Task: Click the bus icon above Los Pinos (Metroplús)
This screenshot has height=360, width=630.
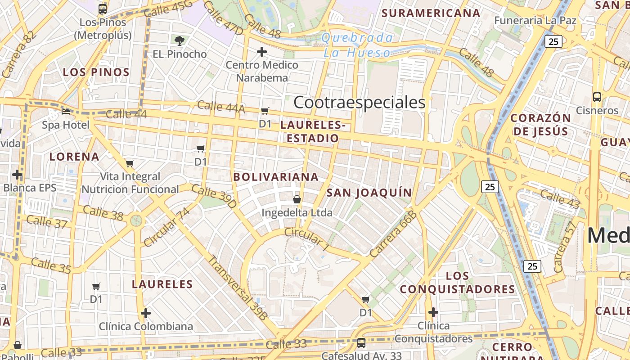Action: (x=103, y=9)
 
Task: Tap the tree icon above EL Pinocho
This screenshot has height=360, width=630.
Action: (x=180, y=41)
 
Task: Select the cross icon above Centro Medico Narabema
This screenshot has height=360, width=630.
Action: (x=262, y=52)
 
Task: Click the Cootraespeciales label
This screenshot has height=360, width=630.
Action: (x=359, y=103)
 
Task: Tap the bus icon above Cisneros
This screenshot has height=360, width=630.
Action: (x=597, y=97)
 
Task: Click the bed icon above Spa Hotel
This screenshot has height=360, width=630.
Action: (x=66, y=111)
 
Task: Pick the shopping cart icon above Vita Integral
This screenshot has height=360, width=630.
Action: (x=130, y=163)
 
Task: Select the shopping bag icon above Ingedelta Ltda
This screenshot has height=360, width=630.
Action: (x=297, y=199)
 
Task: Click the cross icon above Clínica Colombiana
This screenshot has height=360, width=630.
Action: (x=146, y=313)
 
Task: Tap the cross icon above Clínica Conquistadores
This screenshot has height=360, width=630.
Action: (x=433, y=312)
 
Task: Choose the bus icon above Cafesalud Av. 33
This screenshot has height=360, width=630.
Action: (x=361, y=343)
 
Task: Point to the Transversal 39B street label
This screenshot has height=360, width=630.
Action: (x=237, y=288)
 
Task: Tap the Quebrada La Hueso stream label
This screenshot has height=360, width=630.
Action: (x=358, y=45)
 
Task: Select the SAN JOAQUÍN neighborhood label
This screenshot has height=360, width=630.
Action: (x=369, y=193)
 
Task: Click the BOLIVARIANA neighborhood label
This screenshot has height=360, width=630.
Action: (x=276, y=177)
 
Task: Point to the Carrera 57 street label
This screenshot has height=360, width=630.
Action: (x=564, y=247)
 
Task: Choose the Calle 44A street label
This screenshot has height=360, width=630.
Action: (x=221, y=107)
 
